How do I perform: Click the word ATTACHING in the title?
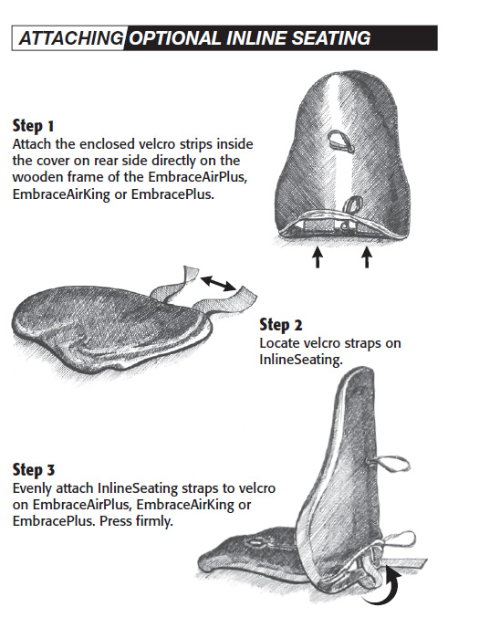click(x=71, y=38)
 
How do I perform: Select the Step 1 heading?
click(x=33, y=126)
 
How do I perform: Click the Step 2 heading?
click(x=281, y=325)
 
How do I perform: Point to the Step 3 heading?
click(x=34, y=470)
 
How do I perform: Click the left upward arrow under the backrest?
click(x=318, y=257)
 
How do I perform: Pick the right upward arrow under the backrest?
click(x=367, y=257)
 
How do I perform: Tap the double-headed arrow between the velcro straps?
click(x=218, y=283)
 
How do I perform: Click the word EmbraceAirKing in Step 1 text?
click(x=61, y=194)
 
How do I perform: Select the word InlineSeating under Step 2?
click(x=300, y=360)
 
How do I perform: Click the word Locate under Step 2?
click(x=279, y=343)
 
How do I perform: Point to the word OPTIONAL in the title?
click(x=175, y=38)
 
